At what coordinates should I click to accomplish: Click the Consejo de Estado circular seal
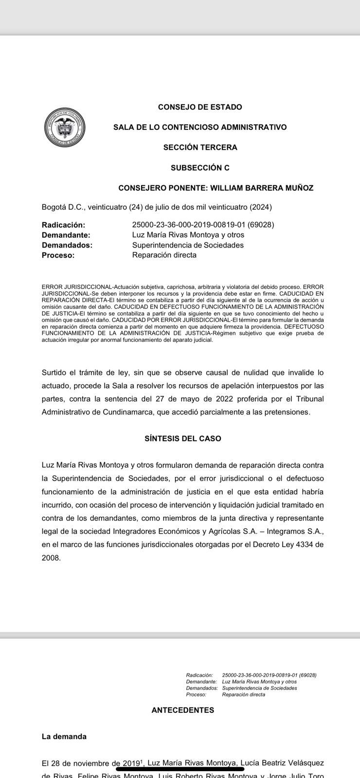pos(65,126)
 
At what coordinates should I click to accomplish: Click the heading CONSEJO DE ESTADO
pos(200,107)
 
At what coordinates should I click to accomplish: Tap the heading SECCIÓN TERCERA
pos(200,147)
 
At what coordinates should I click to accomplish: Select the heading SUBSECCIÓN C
pos(200,168)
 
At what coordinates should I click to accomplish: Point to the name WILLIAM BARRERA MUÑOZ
pos(262,188)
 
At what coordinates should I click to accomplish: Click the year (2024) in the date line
pos(260,207)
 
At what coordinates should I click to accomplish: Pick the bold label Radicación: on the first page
pos(63,225)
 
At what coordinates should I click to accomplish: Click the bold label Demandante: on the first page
pos(66,235)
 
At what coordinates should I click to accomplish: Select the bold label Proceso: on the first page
pos(58,255)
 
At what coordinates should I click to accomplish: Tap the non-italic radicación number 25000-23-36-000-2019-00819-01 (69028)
pos(203,225)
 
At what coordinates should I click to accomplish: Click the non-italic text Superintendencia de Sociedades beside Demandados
pos(188,245)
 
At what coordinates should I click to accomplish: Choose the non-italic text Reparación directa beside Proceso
pos(164,255)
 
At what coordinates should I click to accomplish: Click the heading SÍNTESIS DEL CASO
pos(183,439)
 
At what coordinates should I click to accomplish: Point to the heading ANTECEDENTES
pos(183,710)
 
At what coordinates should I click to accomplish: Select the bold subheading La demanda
pos(64,737)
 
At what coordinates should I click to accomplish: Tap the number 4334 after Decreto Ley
pos(304,545)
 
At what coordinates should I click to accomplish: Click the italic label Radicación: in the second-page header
pos(199,675)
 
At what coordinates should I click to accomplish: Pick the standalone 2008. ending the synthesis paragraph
pos(51,558)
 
